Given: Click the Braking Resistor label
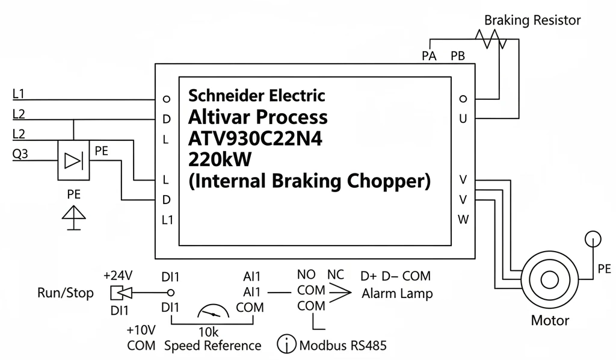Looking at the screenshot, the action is point(532,20).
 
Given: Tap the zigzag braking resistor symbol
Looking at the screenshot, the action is point(491,39).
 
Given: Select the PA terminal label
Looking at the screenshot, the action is point(429,56).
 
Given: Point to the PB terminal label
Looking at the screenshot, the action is point(458,56).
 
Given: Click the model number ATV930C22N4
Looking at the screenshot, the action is point(255,138).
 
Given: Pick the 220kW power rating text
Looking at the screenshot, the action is point(220,159).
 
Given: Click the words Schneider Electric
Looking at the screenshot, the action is point(256,96).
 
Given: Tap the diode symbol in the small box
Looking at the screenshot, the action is point(73,161).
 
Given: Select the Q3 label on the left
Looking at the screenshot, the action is point(20,154).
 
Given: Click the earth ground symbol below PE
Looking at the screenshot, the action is point(74,218).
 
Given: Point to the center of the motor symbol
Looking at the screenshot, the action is point(550,280).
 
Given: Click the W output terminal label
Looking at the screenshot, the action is point(463,219).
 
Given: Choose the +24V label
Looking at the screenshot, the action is point(118,276).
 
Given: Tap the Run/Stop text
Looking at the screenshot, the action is point(66,293).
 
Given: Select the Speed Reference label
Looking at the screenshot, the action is point(212,346).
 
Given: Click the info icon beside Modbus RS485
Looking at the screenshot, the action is point(286,344).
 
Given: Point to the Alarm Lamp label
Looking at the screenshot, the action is point(397,294).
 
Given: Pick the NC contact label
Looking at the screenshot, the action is point(336,275).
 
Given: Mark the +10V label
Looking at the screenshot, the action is point(141,330).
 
